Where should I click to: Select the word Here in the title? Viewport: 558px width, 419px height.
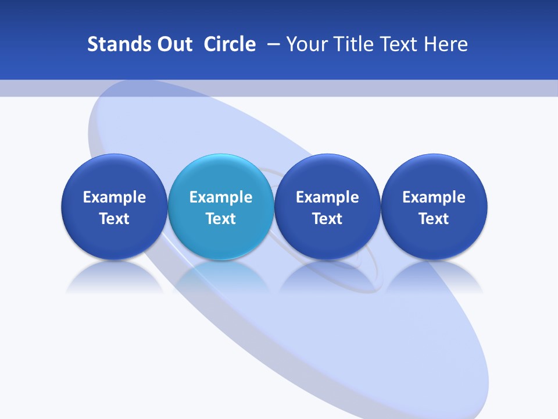(448, 44)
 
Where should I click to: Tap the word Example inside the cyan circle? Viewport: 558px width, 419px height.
(221, 197)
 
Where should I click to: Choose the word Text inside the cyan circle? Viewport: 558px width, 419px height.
(221, 219)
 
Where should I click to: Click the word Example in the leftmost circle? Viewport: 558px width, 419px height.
(114, 197)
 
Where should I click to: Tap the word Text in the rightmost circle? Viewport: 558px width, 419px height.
(434, 219)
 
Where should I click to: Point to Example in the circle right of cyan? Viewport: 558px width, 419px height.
(327, 197)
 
